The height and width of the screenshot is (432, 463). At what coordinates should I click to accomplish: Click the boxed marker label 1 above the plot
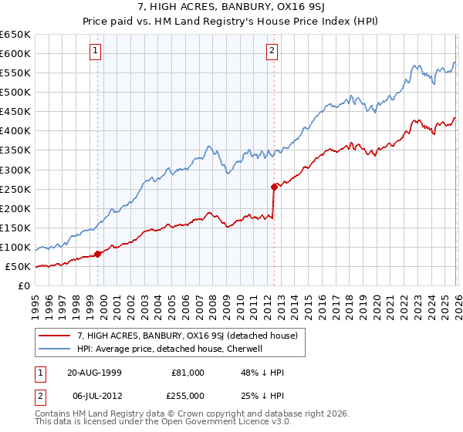[95, 52]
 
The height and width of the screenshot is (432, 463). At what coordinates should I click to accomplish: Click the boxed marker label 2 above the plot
[272, 52]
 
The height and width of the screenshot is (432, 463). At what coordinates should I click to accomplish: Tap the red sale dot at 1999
[98, 254]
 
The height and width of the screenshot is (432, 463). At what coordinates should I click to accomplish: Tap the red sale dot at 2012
[274, 187]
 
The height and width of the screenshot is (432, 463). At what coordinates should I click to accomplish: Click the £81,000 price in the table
[187, 372]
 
